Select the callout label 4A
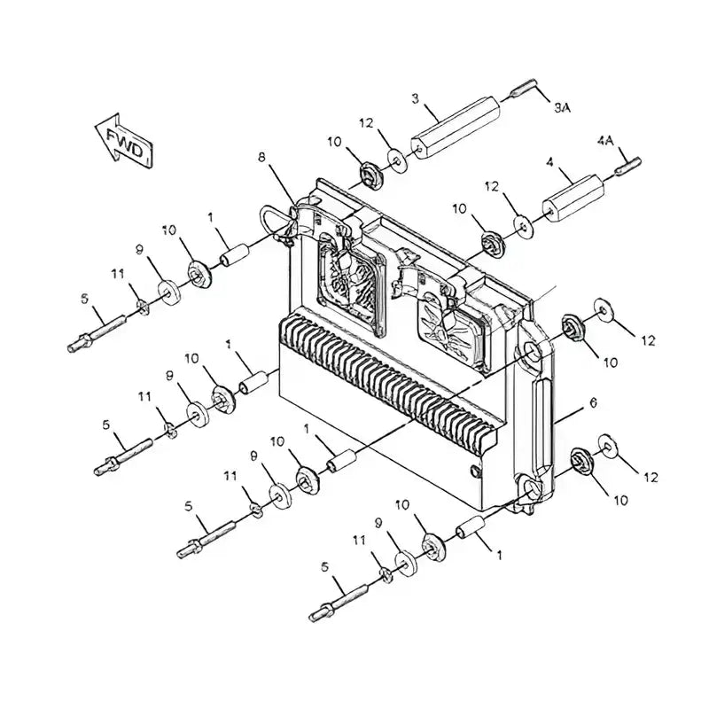pos(605,141)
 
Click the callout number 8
pos(261,159)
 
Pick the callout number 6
pos(593,402)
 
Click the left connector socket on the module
pos(352,279)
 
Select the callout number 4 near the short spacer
pos(550,162)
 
